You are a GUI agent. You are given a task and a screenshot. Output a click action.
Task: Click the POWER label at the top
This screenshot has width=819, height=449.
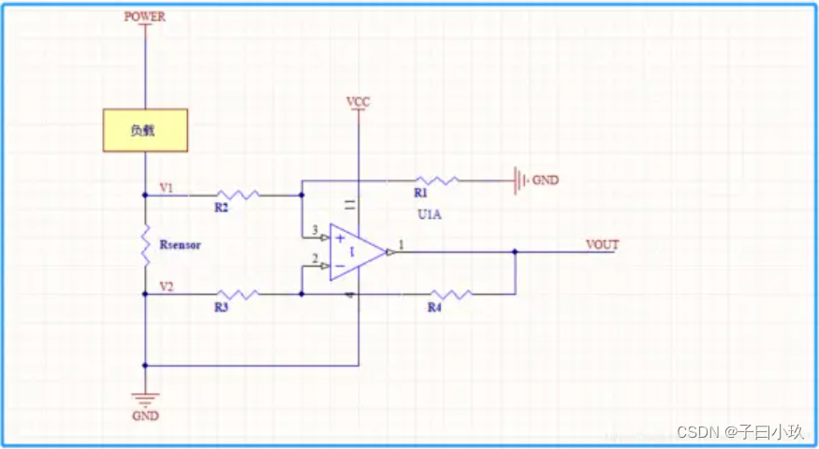145,17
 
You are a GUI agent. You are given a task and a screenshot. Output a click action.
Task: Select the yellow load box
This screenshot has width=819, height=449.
145,131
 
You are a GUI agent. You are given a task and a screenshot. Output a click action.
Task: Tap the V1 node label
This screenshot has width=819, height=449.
167,188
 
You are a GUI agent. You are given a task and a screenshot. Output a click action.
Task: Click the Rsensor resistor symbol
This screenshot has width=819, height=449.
145,245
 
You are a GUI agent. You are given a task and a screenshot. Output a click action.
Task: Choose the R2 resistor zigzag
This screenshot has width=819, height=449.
238,196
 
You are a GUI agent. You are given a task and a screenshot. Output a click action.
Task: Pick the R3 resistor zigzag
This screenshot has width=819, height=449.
238,295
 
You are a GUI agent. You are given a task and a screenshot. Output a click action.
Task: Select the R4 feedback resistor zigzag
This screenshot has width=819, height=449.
450,295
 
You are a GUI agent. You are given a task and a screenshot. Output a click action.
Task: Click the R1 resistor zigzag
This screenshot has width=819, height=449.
437,181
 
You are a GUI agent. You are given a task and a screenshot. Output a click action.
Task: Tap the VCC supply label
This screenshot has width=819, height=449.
358,102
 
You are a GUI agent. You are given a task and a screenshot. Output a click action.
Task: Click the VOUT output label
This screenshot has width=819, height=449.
602,245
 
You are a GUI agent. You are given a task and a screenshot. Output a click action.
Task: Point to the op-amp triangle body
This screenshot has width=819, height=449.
358,253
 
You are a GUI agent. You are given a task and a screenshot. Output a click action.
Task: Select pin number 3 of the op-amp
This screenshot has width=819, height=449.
314,230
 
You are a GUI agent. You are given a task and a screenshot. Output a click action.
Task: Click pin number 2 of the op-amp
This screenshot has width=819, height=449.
314,258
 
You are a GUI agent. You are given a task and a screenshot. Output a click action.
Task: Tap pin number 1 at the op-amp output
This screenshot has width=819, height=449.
402,244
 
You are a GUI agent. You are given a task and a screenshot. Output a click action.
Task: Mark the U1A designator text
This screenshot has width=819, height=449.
430,214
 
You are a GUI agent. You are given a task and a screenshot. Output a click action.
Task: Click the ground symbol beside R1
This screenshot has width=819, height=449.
519,181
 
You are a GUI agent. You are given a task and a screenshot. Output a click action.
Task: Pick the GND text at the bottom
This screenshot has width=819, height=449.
145,416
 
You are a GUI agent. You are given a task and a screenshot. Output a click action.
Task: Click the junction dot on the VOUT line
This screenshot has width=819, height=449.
515,252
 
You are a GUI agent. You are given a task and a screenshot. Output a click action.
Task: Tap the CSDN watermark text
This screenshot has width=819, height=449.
739,432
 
